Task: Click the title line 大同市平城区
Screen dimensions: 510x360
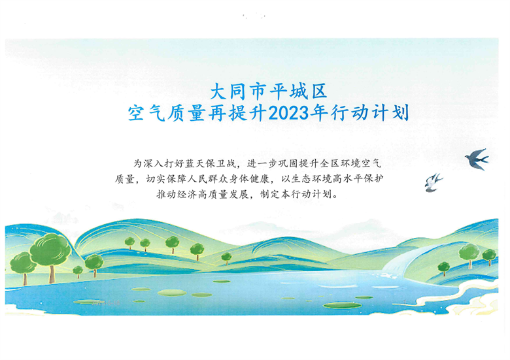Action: (269, 91)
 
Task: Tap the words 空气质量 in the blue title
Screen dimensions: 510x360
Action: (166, 113)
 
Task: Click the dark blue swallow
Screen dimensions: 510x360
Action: (477, 159)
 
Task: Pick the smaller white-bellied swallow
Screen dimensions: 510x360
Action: (433, 182)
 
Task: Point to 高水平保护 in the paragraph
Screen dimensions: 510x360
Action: (358, 179)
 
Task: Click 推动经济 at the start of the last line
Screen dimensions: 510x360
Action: (177, 194)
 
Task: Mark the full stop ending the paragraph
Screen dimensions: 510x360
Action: (336, 196)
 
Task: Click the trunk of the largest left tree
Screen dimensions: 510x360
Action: (52, 274)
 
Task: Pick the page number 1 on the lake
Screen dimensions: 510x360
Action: (405, 302)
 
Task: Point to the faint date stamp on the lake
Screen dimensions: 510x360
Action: (107, 303)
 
